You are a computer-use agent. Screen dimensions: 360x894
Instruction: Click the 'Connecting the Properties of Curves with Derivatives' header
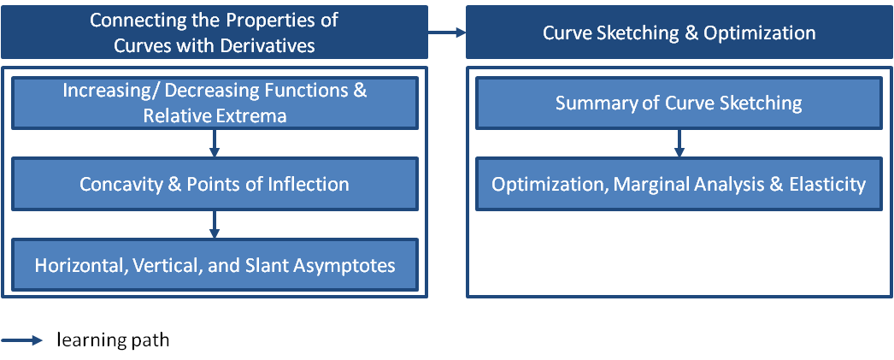[x=215, y=32]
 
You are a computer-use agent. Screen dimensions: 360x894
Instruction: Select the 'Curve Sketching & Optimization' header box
[x=679, y=32]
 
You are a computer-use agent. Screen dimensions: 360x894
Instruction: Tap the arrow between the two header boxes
[x=447, y=33]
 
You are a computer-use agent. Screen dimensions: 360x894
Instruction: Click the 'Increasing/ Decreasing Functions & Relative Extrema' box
[x=215, y=103]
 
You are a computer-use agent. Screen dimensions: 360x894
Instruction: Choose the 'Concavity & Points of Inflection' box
[x=215, y=184]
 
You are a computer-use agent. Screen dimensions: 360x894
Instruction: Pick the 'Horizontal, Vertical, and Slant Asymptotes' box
[x=215, y=265]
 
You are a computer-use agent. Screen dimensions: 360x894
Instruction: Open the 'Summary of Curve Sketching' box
[x=679, y=103]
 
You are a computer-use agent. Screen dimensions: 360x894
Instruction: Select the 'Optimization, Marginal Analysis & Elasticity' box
[x=679, y=184]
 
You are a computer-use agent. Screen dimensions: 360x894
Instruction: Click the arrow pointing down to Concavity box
[x=215, y=144]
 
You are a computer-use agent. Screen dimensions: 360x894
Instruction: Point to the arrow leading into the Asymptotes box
[x=215, y=224]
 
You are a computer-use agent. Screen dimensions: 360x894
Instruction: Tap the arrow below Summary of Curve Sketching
[x=679, y=144]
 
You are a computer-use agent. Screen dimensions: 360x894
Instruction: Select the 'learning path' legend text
[x=113, y=340]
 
